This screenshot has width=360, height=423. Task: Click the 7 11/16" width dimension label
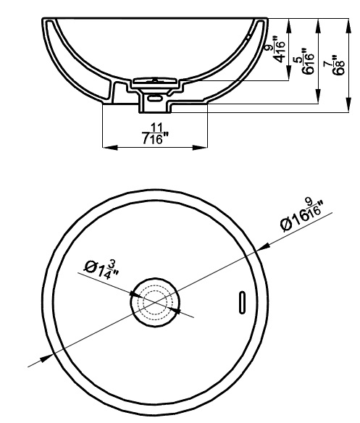pos(154,133)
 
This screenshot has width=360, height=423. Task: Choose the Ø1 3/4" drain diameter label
pos(101,269)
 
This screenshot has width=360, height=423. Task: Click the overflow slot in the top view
pos(242,303)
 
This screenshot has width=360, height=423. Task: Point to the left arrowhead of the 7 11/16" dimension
pos(110,147)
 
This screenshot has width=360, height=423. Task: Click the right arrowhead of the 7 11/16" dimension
pos(200,147)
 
